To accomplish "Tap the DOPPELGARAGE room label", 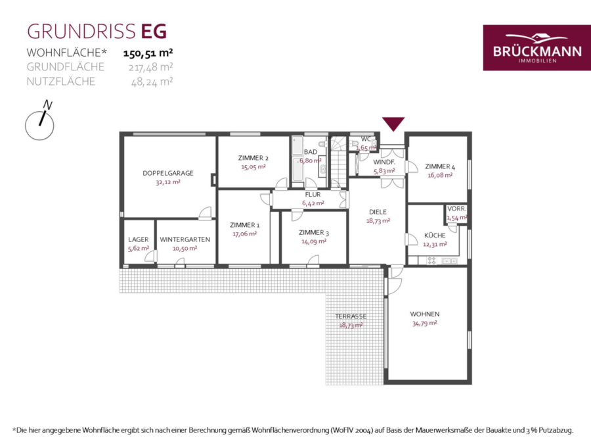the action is pos(167,173).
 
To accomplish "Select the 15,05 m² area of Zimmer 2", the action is pos(253,167).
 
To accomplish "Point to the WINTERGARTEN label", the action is pos(185,239).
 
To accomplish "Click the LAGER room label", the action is pos(139,239).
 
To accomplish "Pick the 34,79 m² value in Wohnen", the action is pos(424,323).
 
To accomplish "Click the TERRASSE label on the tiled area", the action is pos(351,316).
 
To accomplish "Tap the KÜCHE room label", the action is pos(435,235).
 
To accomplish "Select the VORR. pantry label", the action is pos(456,209).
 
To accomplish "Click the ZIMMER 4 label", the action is pos(440,166).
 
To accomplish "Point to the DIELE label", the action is pos(378,212).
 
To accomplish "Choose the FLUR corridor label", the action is pos(313,195).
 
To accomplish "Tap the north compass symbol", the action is pos(39,121).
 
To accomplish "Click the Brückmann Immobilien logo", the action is pos(536,47).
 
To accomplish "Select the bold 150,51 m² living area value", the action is pos(148,53).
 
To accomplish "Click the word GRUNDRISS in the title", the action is pos(81,32).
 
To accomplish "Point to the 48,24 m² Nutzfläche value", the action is pos(152,82).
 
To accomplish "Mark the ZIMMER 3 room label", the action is pos(314,233).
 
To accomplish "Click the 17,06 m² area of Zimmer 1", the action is pos(245,234).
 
